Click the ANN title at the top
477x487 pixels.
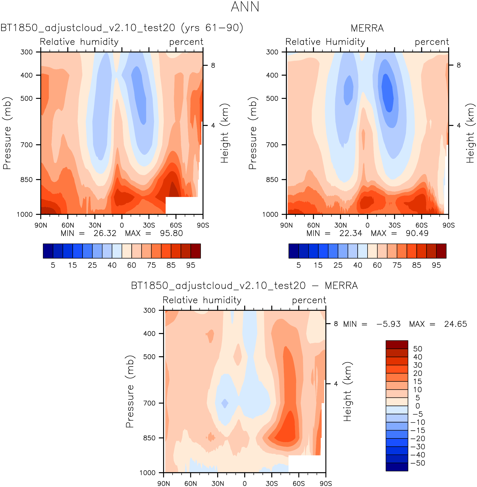coord(245,7)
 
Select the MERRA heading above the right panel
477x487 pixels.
coord(367,28)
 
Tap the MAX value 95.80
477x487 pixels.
coord(171,233)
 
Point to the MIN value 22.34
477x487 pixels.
coord(350,233)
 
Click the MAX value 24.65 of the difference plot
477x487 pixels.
coord(455,324)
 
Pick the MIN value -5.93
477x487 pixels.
coord(388,324)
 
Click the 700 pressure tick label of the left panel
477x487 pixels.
coord(27,145)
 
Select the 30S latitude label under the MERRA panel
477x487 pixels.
coord(394,225)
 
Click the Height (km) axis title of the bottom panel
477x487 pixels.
coord(347,391)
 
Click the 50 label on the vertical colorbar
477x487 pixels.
coord(418,349)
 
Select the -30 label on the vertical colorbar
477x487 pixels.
coord(418,447)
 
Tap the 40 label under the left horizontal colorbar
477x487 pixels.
coord(112,265)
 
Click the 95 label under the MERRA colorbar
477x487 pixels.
coord(436,265)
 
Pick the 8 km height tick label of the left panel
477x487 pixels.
coord(213,65)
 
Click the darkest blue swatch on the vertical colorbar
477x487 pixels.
coord(397,467)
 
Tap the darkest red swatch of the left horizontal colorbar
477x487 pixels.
coord(196,251)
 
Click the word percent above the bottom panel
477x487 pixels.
coord(309,300)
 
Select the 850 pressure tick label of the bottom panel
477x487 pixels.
coord(149,438)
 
